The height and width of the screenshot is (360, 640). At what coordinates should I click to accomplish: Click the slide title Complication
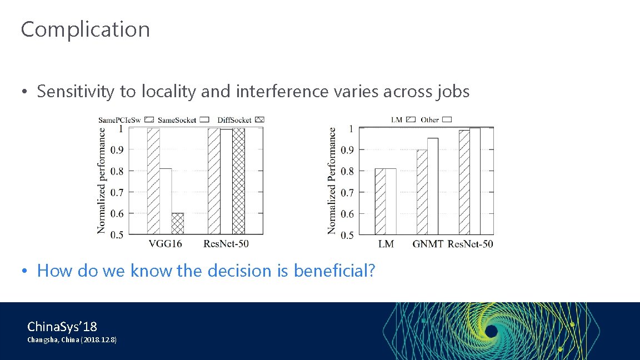[85, 29]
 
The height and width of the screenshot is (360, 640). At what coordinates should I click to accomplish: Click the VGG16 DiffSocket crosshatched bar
[177, 223]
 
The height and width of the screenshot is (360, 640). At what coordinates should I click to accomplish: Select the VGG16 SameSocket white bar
[165, 201]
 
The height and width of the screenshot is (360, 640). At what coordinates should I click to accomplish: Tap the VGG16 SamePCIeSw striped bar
[153, 181]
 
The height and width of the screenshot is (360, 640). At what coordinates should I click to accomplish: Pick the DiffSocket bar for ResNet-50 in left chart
[238, 181]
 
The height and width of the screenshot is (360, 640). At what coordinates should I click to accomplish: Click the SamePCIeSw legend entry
[125, 119]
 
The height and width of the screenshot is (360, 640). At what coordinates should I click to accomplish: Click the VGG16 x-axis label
[165, 243]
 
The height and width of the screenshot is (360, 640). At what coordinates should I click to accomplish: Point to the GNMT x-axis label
[427, 243]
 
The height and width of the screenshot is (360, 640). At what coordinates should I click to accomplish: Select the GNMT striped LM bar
[422, 192]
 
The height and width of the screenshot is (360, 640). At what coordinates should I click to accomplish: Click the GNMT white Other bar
[433, 186]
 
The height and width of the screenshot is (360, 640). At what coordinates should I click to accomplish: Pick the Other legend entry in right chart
[436, 119]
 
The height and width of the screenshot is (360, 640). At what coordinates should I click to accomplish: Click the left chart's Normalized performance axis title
[102, 181]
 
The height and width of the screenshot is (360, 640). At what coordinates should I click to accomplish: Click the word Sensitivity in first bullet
[76, 91]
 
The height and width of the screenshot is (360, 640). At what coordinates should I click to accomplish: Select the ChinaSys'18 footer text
[62, 326]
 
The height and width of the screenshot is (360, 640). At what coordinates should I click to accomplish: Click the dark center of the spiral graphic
[491, 332]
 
